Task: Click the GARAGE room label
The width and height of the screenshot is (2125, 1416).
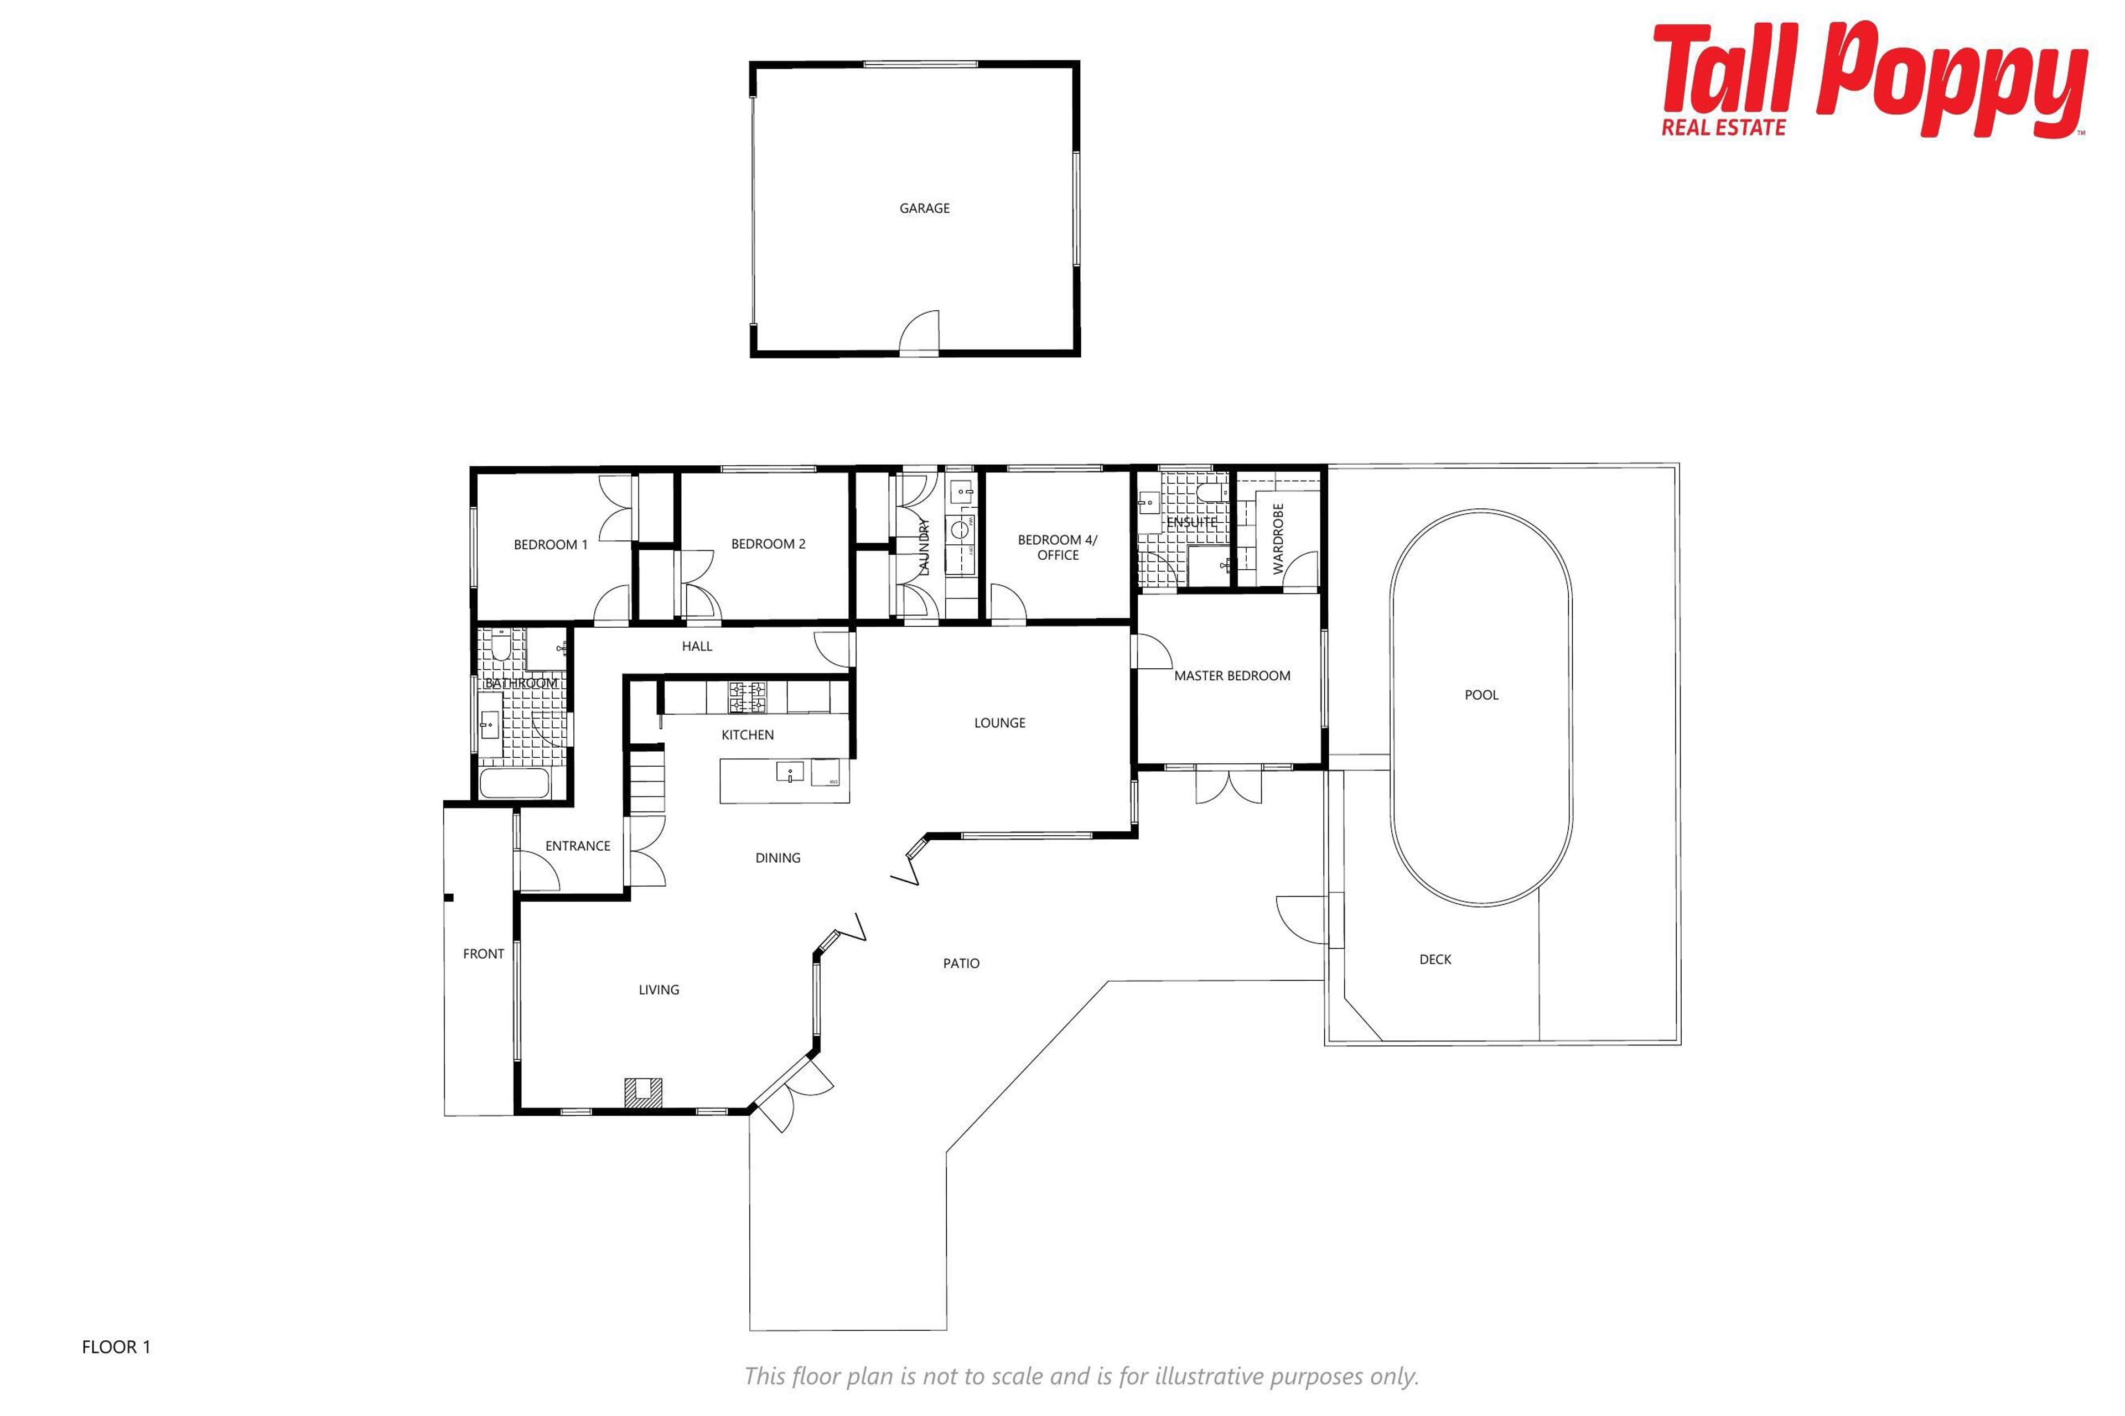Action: pyautogui.click(x=924, y=208)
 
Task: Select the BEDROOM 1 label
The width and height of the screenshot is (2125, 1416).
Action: pyautogui.click(x=550, y=544)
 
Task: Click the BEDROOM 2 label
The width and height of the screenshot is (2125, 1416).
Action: pyautogui.click(x=768, y=544)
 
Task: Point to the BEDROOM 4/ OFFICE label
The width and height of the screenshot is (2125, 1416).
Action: pyautogui.click(x=1058, y=547)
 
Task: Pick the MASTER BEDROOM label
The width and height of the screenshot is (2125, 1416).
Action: pyautogui.click(x=1232, y=675)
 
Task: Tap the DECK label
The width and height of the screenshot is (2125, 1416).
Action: pyautogui.click(x=1435, y=959)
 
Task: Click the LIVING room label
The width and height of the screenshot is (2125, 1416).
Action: pyautogui.click(x=659, y=990)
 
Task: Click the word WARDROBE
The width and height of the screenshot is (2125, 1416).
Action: pyautogui.click(x=1278, y=539)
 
